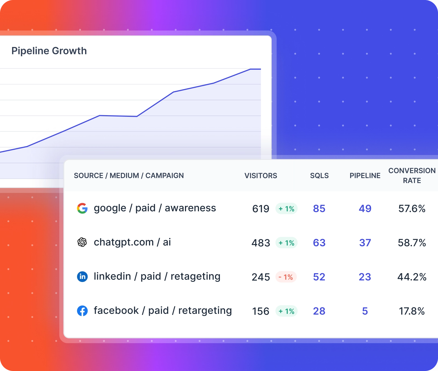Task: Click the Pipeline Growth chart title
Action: click(x=49, y=51)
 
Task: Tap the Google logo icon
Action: click(x=82, y=208)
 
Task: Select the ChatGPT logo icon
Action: click(x=82, y=242)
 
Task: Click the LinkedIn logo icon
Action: click(x=82, y=276)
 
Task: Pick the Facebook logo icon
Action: click(x=82, y=311)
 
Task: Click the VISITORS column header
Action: click(x=261, y=176)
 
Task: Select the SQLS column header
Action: click(x=319, y=176)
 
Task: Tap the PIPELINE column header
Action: click(x=365, y=176)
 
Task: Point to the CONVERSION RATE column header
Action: click(x=412, y=176)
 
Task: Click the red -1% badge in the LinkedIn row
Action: click(x=286, y=277)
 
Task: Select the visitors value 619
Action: click(x=261, y=209)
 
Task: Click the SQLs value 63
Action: click(x=319, y=243)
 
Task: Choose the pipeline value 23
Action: click(x=365, y=277)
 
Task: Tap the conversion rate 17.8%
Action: click(x=412, y=311)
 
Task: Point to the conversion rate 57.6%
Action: click(x=412, y=209)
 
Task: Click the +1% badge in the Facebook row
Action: click(x=287, y=311)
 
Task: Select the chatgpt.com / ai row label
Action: click(x=132, y=242)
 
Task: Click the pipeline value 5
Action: click(x=365, y=311)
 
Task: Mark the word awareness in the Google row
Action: click(x=190, y=208)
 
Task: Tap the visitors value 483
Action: click(x=261, y=243)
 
